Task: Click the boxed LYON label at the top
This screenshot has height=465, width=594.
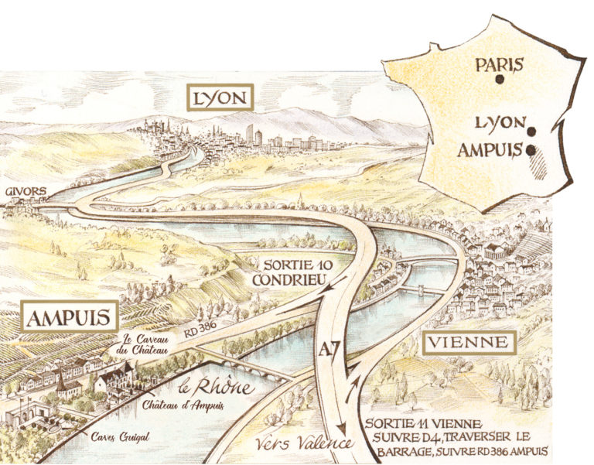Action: coord(220,98)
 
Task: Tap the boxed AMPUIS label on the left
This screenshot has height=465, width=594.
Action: coord(70,317)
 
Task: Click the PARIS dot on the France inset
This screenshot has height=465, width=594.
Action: coord(500,79)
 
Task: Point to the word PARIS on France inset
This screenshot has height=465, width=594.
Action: coord(500,64)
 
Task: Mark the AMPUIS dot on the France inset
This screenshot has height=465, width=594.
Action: coord(531,151)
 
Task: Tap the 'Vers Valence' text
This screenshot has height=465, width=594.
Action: coord(297,444)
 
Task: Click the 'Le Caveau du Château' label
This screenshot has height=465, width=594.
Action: coord(149,344)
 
